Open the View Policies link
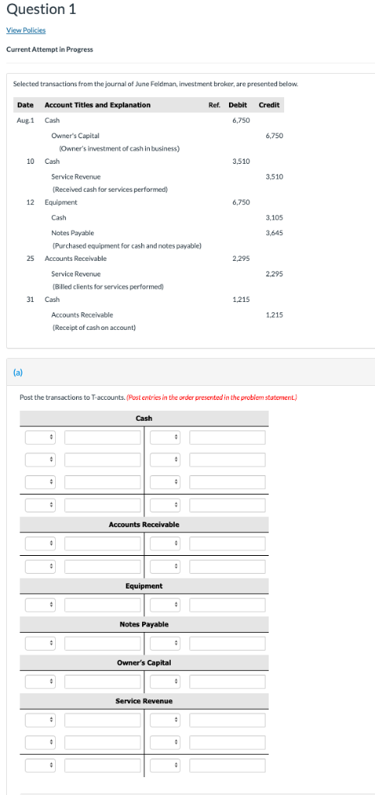pos(26,30)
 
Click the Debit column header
pos(238,105)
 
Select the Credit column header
pos(269,105)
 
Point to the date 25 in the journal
pos(30,258)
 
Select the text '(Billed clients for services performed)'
pos(107,286)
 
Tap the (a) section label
pos(17,372)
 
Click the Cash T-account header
pos(144,418)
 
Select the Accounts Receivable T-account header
pos(144,524)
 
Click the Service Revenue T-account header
pos(144,701)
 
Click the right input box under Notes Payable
pos(227,643)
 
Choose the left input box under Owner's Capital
pos(102,682)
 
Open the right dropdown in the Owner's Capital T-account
pos(165,682)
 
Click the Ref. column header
pos(214,105)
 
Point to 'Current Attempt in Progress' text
pos(51,50)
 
